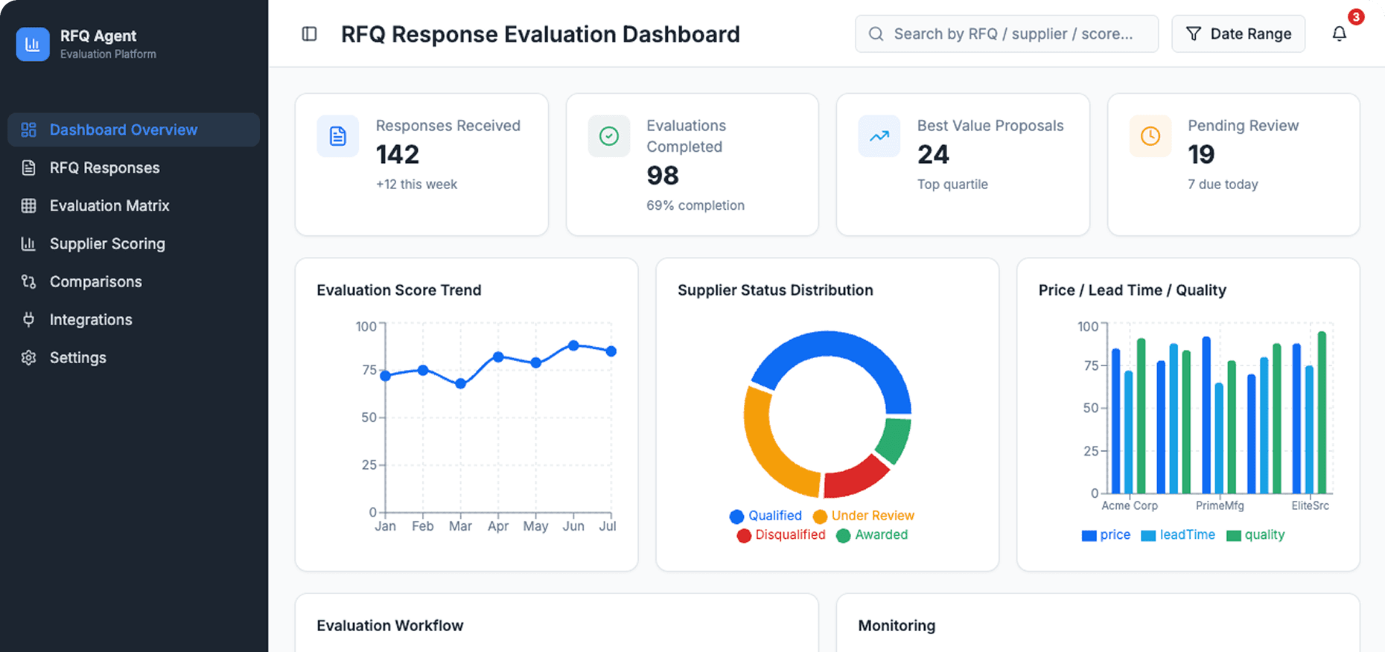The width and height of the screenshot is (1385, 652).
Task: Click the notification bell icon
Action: pos(1339,34)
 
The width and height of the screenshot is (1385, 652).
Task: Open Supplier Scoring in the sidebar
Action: pos(107,243)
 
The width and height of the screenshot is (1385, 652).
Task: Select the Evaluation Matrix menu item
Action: pos(109,205)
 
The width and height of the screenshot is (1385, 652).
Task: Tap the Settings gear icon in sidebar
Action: pos(29,357)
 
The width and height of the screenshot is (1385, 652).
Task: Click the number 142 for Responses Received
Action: pos(398,155)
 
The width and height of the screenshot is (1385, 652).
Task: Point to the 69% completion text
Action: pos(695,205)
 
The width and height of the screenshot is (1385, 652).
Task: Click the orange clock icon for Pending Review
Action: pos(1150,136)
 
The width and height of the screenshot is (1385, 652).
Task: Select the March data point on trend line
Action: pos(460,383)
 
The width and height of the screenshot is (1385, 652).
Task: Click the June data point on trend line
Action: pos(573,345)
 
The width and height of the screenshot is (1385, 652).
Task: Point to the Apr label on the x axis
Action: pos(497,526)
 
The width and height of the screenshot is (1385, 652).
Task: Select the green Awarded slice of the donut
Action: pos(894,440)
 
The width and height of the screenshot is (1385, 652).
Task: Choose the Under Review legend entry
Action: pos(863,516)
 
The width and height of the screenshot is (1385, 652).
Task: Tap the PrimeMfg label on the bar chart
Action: pos(1219,506)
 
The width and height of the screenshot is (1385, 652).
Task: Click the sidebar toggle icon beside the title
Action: pos(309,34)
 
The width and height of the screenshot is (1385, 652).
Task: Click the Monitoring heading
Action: pos(896,626)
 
